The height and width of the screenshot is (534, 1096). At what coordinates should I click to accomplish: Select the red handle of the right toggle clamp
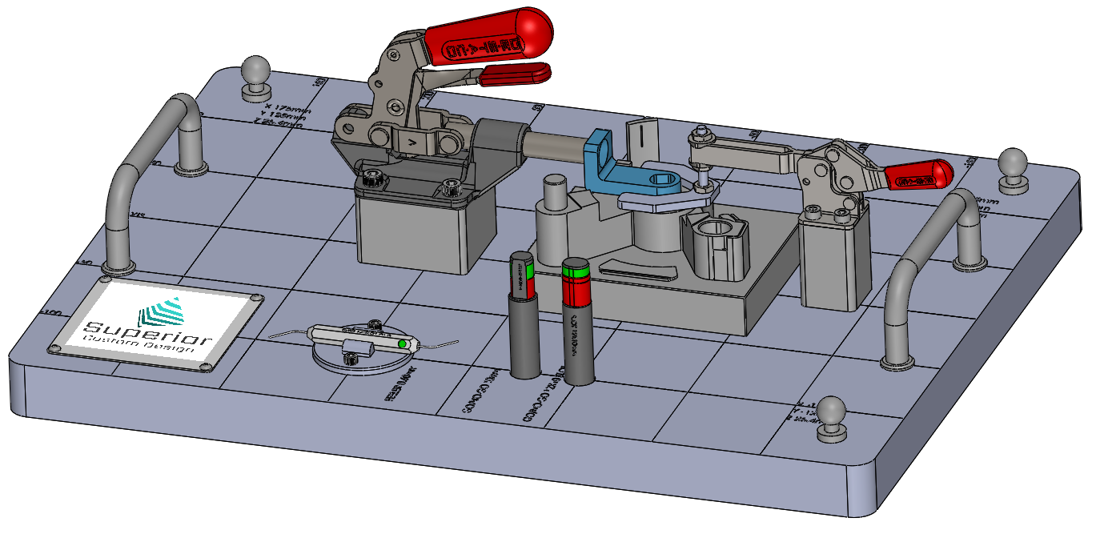pos(921,175)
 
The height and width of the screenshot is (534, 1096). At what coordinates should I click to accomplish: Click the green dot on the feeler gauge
pos(403,344)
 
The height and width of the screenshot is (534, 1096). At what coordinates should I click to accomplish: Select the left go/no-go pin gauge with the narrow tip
pos(524,320)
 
